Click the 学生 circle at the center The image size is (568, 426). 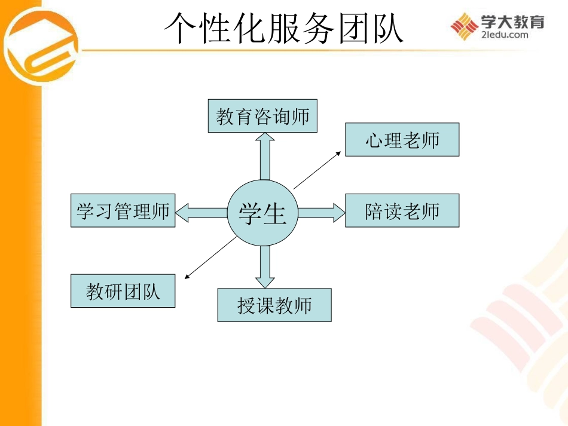(262, 213)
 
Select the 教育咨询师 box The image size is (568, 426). (262, 116)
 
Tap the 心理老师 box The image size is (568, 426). (402, 140)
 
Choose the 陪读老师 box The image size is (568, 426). (402, 210)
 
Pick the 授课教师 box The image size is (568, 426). (274, 305)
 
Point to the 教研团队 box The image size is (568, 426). (123, 291)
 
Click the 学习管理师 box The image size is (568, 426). (123, 210)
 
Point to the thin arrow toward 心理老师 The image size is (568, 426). (317, 170)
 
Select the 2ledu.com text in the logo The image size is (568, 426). (504, 35)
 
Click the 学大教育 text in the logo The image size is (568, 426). (513, 22)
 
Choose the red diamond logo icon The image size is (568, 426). (463, 26)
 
